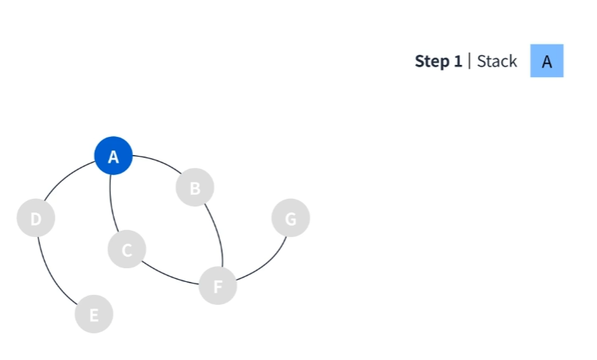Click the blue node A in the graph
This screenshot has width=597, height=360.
point(113,156)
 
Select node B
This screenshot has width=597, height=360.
point(195,187)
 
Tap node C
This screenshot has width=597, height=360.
point(127,249)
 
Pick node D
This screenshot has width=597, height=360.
point(36,218)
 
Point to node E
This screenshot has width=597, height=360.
point(94,314)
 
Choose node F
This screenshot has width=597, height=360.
point(218,285)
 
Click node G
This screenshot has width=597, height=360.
point(290,218)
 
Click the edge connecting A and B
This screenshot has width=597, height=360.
point(159,161)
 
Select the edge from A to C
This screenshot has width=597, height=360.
point(112,203)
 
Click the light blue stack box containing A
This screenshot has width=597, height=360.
point(547,60)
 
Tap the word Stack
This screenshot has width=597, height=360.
point(497,61)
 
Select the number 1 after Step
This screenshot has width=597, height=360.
point(458,61)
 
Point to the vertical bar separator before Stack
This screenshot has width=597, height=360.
point(469,61)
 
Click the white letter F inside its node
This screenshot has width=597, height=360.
point(218,287)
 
